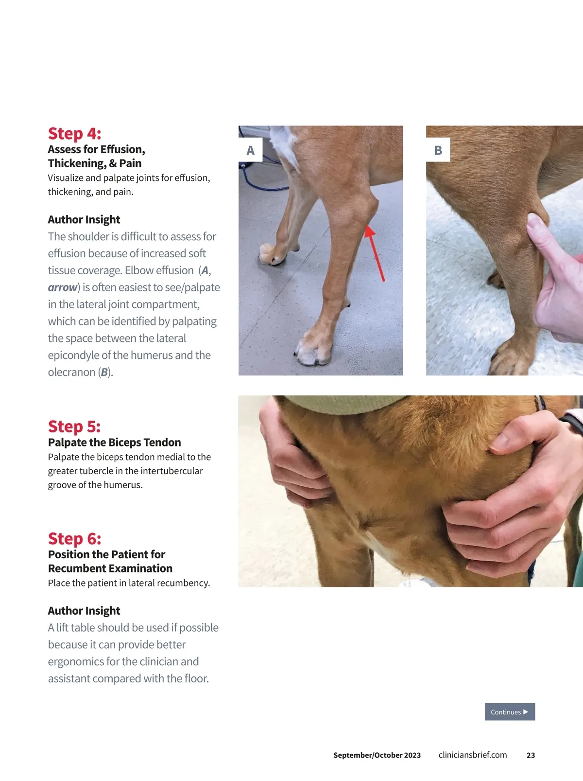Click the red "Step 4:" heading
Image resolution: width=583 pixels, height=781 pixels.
pyautogui.click(x=75, y=134)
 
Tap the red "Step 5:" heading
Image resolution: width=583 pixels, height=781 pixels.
pyautogui.click(x=74, y=426)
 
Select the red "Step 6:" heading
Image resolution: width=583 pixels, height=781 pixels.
pyautogui.click(x=75, y=539)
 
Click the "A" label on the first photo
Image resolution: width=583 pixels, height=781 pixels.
pyautogui.click(x=250, y=150)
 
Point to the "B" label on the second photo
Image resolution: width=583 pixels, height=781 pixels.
pyautogui.click(x=438, y=150)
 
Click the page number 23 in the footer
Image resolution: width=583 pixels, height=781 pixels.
pyautogui.click(x=531, y=755)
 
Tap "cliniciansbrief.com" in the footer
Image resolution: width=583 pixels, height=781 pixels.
pyautogui.click(x=472, y=755)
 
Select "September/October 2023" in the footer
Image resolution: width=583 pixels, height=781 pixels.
pyautogui.click(x=377, y=755)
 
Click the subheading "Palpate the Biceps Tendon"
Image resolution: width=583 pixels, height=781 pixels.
pyautogui.click(x=115, y=442)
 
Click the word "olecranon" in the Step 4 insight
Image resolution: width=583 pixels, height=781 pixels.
pyautogui.click(x=71, y=372)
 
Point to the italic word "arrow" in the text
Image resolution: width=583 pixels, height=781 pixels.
pyautogui.click(x=63, y=287)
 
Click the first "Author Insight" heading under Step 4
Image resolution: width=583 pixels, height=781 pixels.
pyautogui.click(x=84, y=219)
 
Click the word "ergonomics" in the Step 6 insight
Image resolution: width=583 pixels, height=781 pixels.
pyautogui.click(x=76, y=662)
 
